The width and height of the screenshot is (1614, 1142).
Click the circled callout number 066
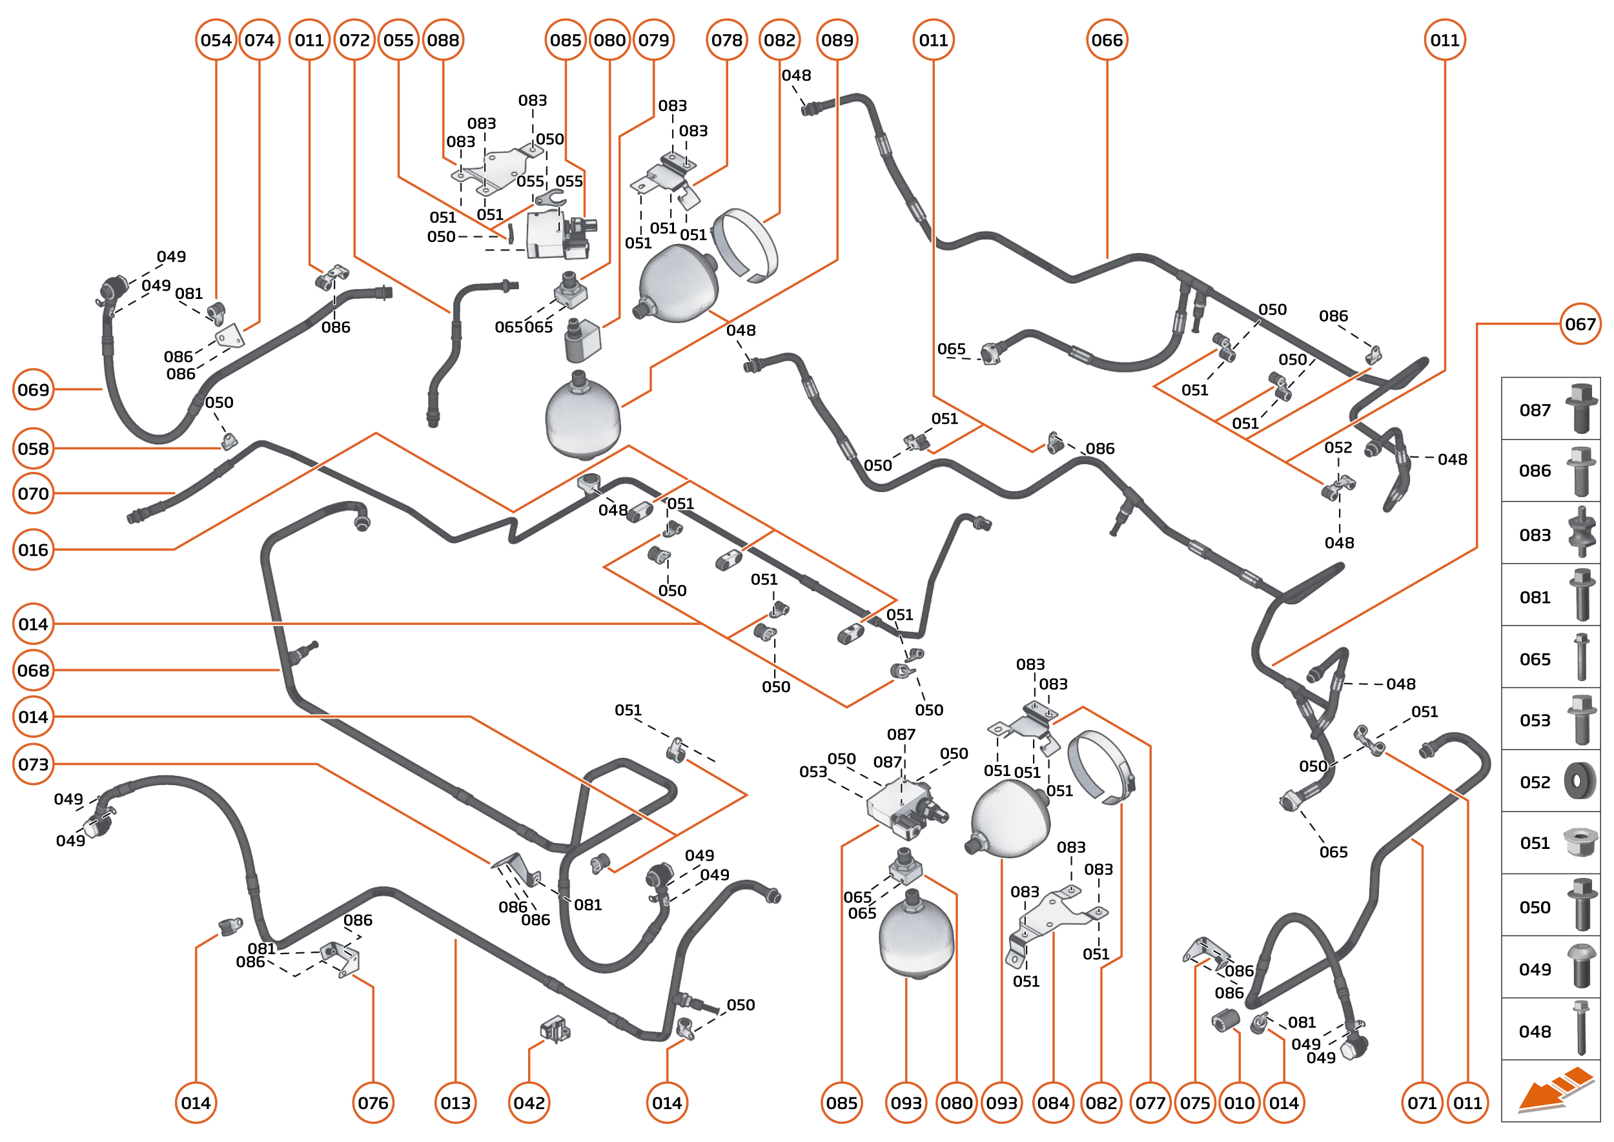(x=1107, y=40)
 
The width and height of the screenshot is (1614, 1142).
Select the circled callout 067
(x=1580, y=324)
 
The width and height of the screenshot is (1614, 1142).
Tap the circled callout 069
(x=33, y=389)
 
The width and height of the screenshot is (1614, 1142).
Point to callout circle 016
(x=33, y=550)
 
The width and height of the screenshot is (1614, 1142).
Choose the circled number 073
(x=33, y=764)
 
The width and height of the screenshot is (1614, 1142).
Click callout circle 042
(x=529, y=1103)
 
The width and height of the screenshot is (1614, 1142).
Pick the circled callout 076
(x=373, y=1103)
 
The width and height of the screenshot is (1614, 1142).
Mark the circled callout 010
(x=1239, y=1103)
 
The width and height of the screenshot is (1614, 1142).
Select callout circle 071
(x=1422, y=1103)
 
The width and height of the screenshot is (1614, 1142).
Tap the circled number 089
(x=837, y=40)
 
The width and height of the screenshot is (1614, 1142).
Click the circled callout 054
(x=216, y=40)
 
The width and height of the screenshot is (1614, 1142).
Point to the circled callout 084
(x=1053, y=1103)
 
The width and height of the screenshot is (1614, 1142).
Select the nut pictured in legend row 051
(x=1580, y=842)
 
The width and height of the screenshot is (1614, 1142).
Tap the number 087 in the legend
(x=1535, y=410)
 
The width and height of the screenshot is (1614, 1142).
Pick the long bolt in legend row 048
(x=1581, y=1028)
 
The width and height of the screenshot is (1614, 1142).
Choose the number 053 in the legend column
(x=1535, y=720)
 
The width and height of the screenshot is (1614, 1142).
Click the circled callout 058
(x=33, y=449)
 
